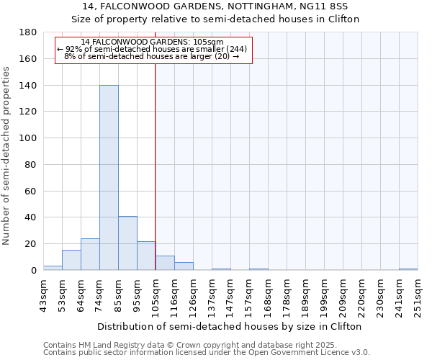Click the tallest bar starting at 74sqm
click(109, 178)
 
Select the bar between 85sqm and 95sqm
click(127, 243)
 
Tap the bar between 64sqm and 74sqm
click(90, 254)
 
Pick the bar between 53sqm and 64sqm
click(71, 260)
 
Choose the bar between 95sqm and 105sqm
click(146, 256)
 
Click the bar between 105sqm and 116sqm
click(165, 263)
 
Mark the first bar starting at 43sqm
click(53, 268)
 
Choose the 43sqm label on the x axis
click(43, 292)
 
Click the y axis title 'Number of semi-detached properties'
click(7, 156)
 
